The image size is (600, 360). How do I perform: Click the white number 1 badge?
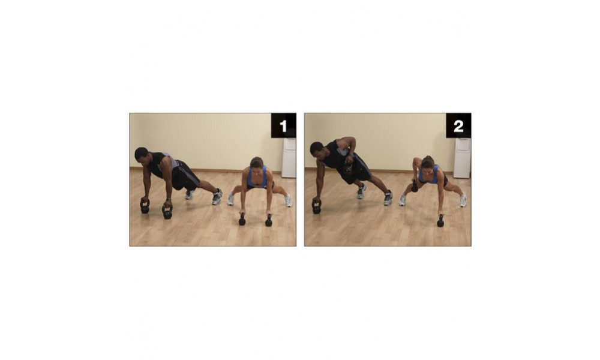284,125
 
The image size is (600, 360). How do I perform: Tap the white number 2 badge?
458,125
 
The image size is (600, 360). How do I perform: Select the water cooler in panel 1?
289,158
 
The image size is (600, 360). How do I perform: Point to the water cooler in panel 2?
462,158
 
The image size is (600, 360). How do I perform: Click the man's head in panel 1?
142,154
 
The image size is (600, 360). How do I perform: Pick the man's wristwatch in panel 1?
169,200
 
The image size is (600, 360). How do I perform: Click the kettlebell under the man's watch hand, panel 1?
167,211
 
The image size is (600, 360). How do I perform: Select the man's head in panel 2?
317,149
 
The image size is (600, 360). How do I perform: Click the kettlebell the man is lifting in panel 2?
348,167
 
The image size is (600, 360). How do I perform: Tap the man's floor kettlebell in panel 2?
316,206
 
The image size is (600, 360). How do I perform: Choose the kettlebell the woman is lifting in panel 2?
415,187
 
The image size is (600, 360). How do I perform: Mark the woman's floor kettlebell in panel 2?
440,221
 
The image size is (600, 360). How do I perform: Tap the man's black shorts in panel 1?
184,175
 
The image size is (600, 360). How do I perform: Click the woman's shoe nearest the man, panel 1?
231,199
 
